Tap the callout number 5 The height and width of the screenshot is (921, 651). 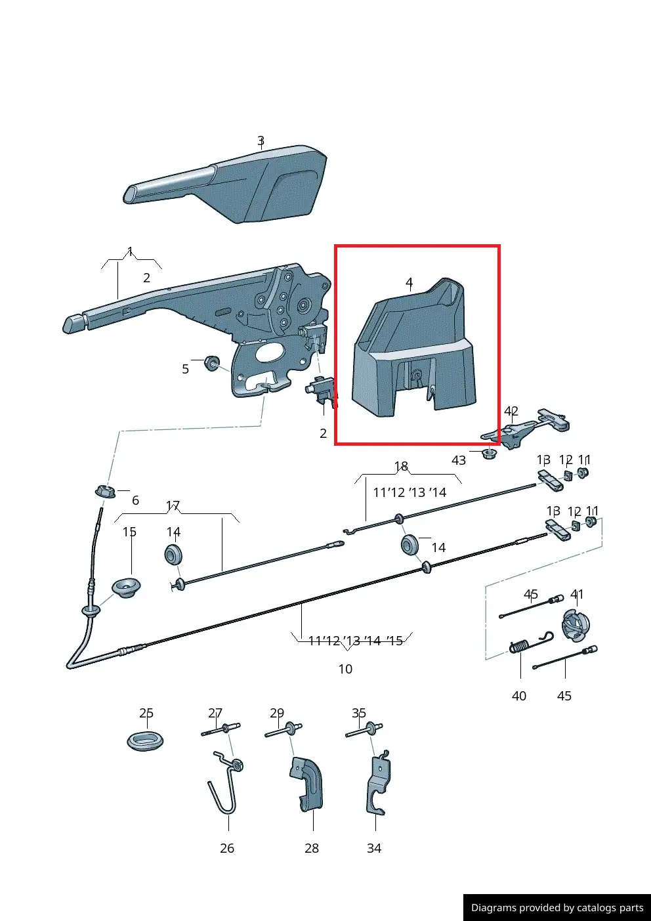(185, 369)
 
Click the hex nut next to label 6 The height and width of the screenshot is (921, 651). (105, 491)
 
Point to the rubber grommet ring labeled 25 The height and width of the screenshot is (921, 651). (145, 741)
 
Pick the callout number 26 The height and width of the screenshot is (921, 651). (227, 848)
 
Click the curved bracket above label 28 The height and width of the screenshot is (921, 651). (306, 785)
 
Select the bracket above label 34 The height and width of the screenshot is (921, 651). (378, 783)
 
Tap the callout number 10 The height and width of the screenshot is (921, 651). (345, 669)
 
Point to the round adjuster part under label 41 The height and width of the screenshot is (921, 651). (576, 626)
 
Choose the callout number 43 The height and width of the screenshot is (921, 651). (459, 460)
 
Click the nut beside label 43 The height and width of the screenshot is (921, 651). (489, 454)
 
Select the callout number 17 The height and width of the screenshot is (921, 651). (173, 505)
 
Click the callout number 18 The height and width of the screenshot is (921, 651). (401, 466)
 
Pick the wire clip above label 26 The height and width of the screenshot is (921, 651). (225, 781)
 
